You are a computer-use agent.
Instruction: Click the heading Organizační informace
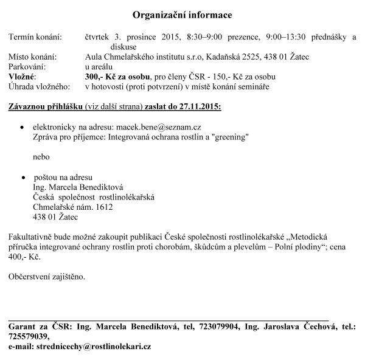182,14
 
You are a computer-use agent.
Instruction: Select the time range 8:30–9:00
198,37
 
